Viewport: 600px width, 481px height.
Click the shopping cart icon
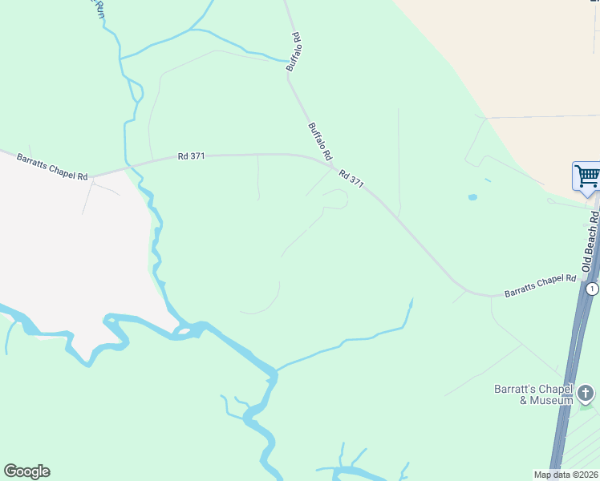tap(587, 176)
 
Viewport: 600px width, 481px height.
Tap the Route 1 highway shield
tap(592, 289)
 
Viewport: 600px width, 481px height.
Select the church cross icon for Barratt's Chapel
tap(586, 393)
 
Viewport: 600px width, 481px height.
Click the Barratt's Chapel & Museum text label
tap(533, 394)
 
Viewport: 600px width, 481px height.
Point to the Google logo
tap(26, 471)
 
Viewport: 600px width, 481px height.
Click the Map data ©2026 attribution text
tap(566, 475)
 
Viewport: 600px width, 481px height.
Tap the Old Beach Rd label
tap(593, 240)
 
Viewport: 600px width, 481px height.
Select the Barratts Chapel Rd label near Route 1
tap(541, 286)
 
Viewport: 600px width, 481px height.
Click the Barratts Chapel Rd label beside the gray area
tap(52, 166)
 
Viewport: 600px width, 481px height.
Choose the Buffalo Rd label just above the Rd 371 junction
tap(319, 140)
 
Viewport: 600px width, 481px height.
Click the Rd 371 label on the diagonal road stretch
tap(351, 179)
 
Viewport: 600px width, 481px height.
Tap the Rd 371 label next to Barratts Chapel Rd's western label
tap(193, 157)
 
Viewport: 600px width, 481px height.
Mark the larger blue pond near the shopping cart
tap(472, 196)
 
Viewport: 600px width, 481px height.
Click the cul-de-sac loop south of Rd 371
tap(337, 199)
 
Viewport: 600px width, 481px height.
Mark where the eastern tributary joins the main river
tap(275, 370)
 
